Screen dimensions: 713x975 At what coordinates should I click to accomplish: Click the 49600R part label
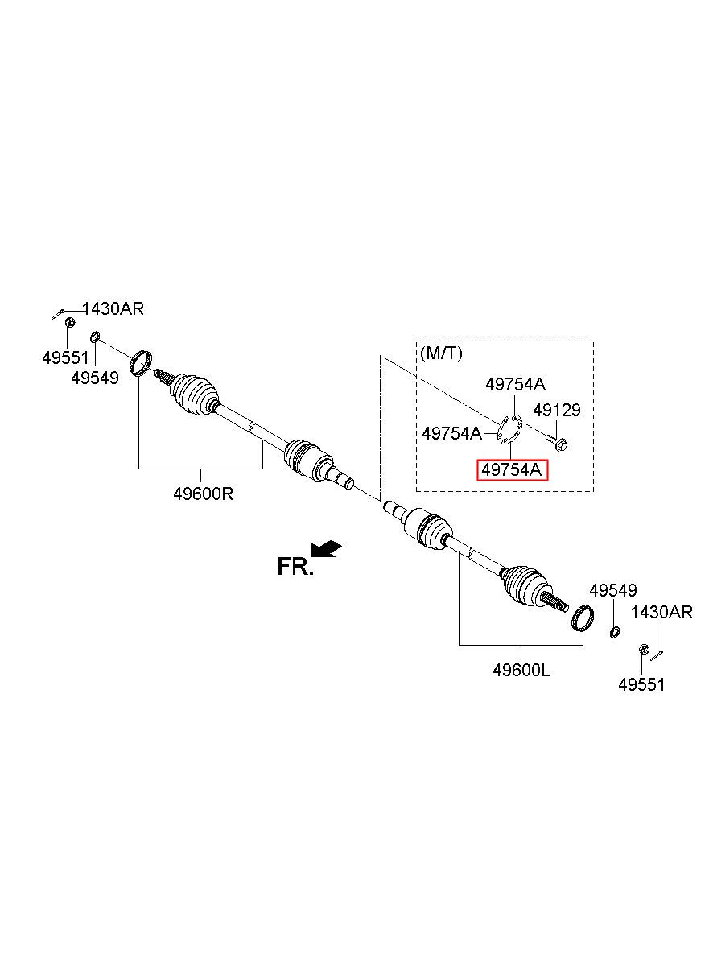click(x=203, y=494)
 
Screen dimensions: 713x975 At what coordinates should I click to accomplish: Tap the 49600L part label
click(x=521, y=670)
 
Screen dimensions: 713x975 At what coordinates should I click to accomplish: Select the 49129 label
click(x=556, y=410)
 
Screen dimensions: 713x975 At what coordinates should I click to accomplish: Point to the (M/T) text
click(x=441, y=353)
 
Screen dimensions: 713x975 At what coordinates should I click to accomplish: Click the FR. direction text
click(x=295, y=567)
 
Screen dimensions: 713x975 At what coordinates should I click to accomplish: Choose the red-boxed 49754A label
click(x=512, y=469)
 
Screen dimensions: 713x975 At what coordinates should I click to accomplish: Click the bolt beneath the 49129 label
click(x=557, y=443)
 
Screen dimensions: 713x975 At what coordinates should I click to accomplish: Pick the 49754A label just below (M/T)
click(x=515, y=384)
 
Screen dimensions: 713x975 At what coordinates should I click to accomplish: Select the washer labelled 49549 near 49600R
click(x=95, y=337)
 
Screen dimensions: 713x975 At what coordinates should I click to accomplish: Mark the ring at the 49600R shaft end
click(x=141, y=362)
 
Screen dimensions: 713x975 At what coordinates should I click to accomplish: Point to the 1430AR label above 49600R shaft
click(x=113, y=308)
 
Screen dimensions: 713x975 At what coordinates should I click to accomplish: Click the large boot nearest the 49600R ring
click(x=193, y=395)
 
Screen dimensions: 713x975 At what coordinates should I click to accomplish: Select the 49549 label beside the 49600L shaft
click(x=613, y=590)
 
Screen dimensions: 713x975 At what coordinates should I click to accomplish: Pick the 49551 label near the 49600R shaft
click(x=65, y=357)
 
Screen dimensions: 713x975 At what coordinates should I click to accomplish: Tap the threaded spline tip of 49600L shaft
click(x=556, y=602)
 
